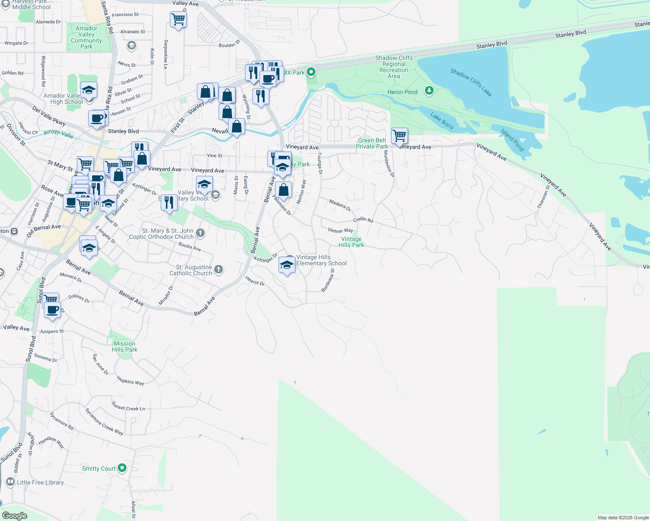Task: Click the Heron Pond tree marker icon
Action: tap(429, 91)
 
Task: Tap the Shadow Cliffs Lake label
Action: tap(471, 82)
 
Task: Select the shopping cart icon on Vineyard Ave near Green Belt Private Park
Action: tap(399, 136)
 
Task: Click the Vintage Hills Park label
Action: tap(352, 242)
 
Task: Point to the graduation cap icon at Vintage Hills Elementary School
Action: tap(287, 264)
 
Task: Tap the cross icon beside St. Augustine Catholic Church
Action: tap(219, 270)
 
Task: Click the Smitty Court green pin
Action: tap(122, 468)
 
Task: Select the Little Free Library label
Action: tap(40, 482)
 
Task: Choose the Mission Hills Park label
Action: tap(125, 346)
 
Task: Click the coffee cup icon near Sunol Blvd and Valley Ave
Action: tap(53, 310)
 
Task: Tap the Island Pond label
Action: tap(512, 140)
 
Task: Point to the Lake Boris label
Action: tap(442, 121)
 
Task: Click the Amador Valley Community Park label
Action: tap(86, 37)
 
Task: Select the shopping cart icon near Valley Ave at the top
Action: tap(178, 19)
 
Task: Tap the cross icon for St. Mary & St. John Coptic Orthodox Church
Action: tap(200, 233)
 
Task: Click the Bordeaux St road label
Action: tap(328, 280)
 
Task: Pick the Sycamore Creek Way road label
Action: tap(104, 421)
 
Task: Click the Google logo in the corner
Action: tap(15, 515)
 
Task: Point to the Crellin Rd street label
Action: tap(363, 220)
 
